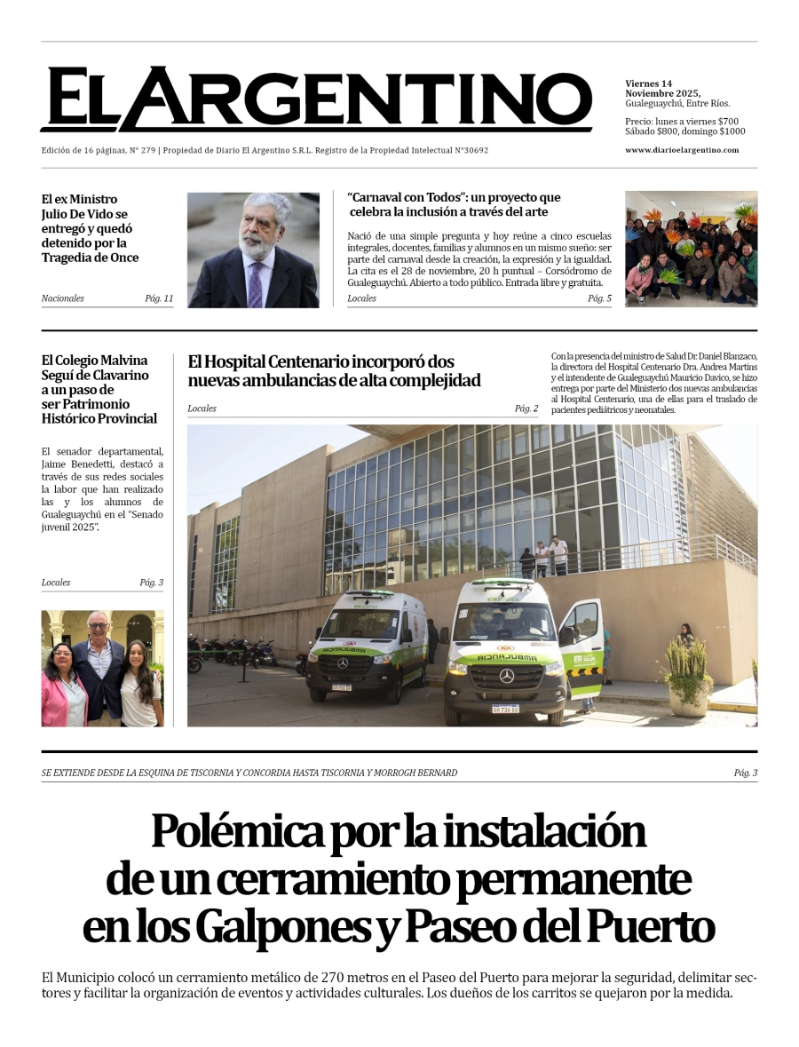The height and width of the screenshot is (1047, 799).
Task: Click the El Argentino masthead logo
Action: [316, 99]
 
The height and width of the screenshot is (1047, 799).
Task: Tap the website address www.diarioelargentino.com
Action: [682, 150]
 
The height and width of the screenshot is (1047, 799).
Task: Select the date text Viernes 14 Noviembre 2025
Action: [662, 89]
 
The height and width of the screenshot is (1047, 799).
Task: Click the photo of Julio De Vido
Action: [253, 250]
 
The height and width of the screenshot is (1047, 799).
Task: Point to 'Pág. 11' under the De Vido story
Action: [159, 298]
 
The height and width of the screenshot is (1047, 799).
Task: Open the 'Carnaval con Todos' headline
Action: [455, 204]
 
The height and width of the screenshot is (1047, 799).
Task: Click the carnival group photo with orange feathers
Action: [691, 249]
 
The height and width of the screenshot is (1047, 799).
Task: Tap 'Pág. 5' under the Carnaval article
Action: [599, 298]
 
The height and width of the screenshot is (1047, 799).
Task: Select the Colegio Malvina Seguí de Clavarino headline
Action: [99, 389]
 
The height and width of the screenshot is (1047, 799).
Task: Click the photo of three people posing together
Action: [102, 669]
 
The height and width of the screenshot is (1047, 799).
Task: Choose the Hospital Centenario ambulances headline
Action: [335, 371]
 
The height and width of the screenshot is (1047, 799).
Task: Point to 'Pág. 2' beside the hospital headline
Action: [526, 408]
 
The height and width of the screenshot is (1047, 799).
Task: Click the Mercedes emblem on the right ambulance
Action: [507, 676]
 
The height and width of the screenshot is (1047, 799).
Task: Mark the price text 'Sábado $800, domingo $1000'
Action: [684, 131]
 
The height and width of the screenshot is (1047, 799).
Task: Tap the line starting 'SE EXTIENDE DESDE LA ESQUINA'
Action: [249, 773]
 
